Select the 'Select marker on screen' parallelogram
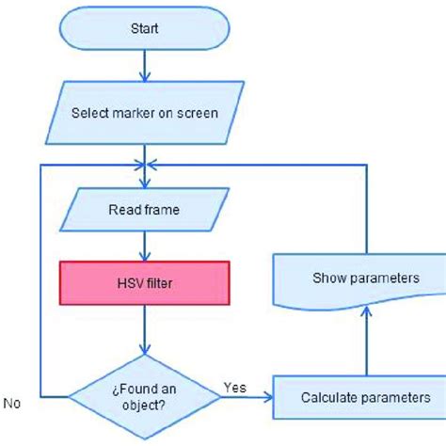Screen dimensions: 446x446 point(144,114)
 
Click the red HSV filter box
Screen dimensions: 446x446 point(144,283)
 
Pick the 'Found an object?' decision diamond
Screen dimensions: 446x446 point(144,396)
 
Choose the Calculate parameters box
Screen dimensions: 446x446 point(366,397)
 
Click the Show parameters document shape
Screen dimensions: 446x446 point(366,279)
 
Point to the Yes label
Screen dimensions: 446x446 point(234,386)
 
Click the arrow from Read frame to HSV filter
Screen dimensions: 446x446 point(144,247)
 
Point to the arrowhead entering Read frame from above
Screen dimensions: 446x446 point(144,183)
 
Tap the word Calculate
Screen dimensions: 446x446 point(329,397)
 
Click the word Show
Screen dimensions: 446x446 point(329,279)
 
